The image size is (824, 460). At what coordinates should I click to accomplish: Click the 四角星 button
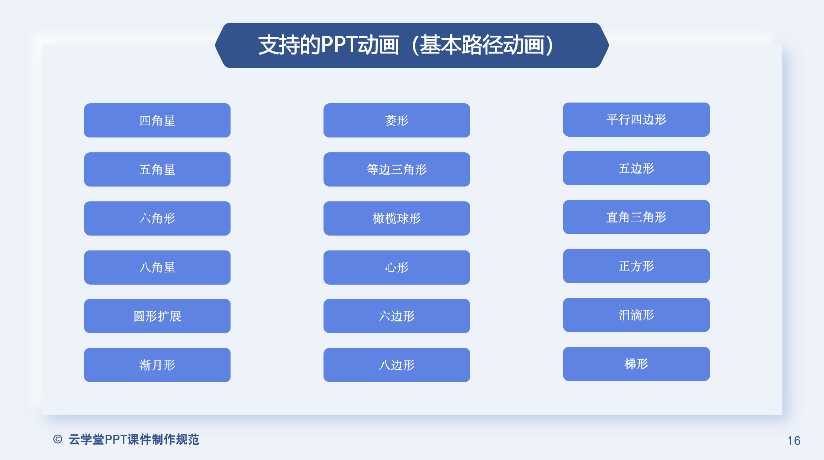[157, 120]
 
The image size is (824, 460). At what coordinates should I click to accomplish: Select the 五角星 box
[157, 169]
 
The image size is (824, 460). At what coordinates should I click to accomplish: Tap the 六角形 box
[157, 218]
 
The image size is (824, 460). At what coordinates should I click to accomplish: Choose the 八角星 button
[157, 268]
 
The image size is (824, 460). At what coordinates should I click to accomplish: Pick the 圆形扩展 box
[157, 316]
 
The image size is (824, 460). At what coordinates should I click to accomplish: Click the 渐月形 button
[157, 365]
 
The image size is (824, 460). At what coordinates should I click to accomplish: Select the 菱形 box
[397, 120]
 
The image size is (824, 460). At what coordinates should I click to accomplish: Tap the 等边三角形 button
[397, 169]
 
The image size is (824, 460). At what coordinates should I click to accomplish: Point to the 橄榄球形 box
[397, 218]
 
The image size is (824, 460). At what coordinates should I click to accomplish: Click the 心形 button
[397, 268]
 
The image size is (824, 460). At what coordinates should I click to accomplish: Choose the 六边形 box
[397, 316]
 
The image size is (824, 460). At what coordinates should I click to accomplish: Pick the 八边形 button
[397, 365]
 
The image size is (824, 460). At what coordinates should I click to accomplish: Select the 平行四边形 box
[637, 120]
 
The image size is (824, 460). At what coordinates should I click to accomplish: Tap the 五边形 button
[637, 168]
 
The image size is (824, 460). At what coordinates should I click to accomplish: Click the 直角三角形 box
[637, 217]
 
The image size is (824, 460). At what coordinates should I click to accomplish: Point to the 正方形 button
[637, 266]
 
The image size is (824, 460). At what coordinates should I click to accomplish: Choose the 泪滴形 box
[637, 315]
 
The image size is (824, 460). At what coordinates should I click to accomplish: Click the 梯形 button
[637, 364]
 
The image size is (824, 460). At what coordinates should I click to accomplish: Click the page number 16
[794, 441]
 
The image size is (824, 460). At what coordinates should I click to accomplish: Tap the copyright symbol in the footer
[58, 439]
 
